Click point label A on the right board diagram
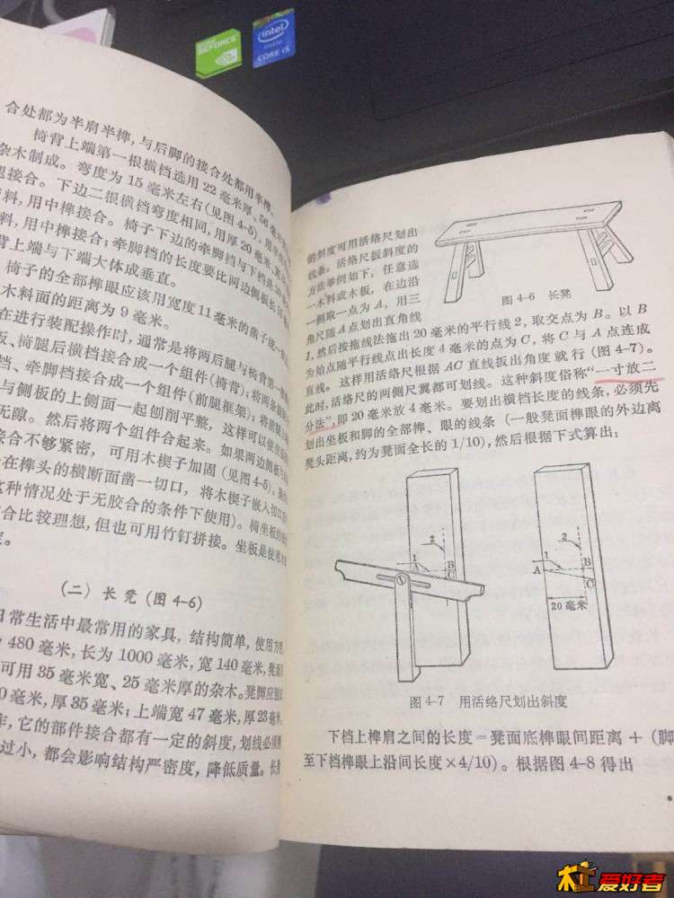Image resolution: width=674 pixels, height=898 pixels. coord(537,568)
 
